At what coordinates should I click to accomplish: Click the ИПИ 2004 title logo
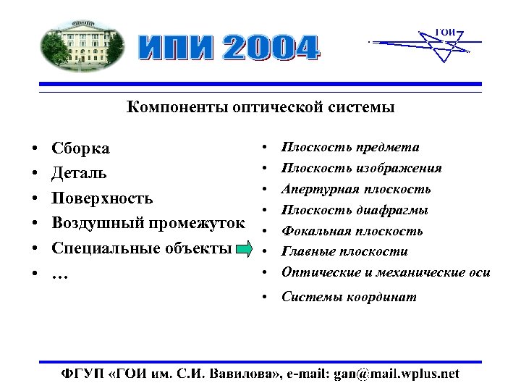coord(228,48)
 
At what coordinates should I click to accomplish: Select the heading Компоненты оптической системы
coord(260,108)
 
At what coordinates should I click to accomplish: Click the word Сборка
coord(81,148)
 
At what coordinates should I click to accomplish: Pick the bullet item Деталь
coord(80,173)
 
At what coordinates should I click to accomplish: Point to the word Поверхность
coord(102,198)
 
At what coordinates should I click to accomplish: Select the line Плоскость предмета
coord(350,148)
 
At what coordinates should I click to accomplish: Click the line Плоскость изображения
coord(361,169)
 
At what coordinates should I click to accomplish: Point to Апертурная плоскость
coord(356,190)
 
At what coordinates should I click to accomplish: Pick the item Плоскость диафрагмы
coord(355,211)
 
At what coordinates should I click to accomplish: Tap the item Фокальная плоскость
coord(352,232)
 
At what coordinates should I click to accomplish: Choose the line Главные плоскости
coord(344,252)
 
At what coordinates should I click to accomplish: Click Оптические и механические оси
coord(386,273)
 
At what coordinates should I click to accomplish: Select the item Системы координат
coord(349,297)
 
